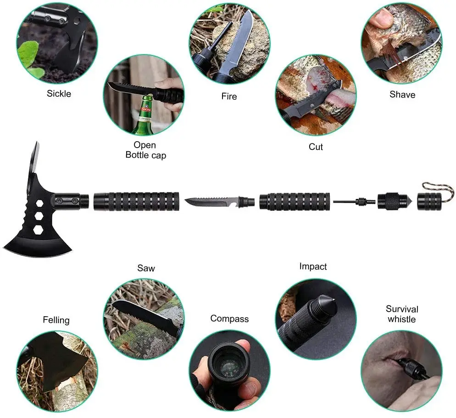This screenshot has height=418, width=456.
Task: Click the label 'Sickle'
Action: click(x=59, y=94)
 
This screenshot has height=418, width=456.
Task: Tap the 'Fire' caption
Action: click(x=229, y=97)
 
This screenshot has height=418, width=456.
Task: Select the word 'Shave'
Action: click(x=402, y=95)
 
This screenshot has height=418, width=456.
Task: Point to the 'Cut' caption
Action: click(x=316, y=147)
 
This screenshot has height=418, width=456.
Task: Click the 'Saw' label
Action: click(x=146, y=268)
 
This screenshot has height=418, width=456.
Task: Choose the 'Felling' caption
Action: click(x=56, y=320)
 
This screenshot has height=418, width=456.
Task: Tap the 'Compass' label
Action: click(x=229, y=319)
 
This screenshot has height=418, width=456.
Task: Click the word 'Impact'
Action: click(x=313, y=266)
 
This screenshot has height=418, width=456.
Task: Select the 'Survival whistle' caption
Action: click(x=402, y=314)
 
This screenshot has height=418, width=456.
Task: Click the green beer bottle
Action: click(x=143, y=120)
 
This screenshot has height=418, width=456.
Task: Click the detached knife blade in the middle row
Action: click(x=211, y=201)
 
